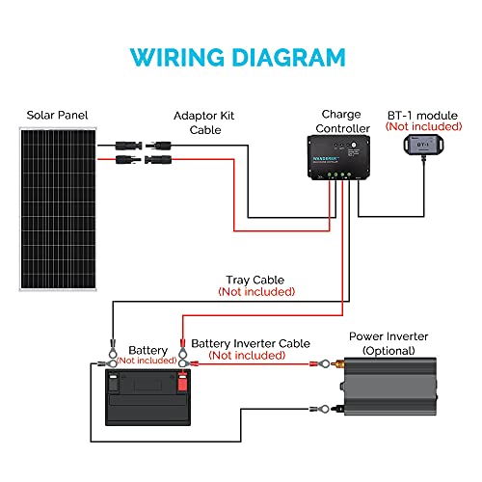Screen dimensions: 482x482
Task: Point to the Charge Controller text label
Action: [340, 120]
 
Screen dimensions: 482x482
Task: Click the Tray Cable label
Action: [256, 280]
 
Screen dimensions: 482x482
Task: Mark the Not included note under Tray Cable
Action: [256, 291]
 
